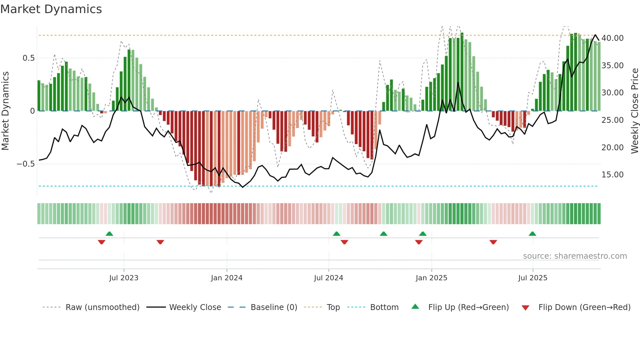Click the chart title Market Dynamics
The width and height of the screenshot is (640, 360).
(51, 9)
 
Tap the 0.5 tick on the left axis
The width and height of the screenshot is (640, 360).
(28, 58)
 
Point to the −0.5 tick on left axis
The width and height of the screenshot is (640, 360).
(26, 164)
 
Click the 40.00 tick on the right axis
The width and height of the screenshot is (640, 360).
(613, 38)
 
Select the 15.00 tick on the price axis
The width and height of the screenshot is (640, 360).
(613, 175)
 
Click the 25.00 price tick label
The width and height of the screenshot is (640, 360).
(613, 120)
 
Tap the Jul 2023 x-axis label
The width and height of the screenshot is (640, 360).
(124, 278)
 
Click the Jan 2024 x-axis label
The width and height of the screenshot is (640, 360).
(227, 278)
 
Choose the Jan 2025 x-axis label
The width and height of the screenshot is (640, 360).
(431, 278)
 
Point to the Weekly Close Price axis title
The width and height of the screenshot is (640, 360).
(634, 111)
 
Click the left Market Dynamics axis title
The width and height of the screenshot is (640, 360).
(5, 111)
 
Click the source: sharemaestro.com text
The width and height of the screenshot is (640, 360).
(575, 256)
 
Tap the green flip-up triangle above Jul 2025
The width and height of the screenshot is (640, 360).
(532, 234)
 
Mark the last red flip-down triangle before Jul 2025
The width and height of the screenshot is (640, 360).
(493, 242)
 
